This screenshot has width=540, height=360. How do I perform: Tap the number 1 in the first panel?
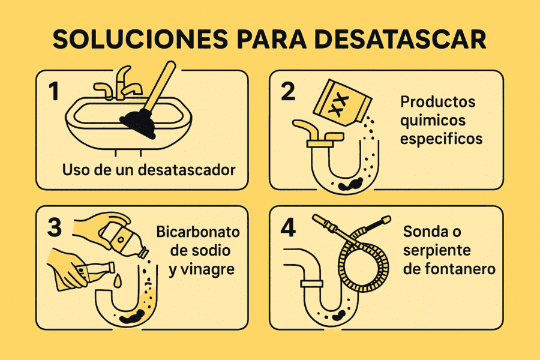pyautogui.click(x=55, y=92)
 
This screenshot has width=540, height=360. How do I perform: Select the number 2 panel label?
pyautogui.click(x=288, y=92)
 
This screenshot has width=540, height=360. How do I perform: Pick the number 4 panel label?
pyautogui.click(x=289, y=228)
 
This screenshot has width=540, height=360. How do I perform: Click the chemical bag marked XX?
pyautogui.click(x=339, y=103)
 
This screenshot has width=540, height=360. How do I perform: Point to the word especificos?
pyautogui.click(x=442, y=139)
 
